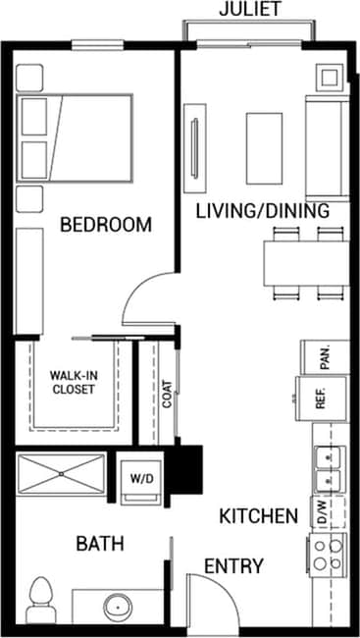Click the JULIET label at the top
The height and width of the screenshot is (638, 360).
click(x=249, y=10)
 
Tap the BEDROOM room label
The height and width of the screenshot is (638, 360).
click(x=106, y=225)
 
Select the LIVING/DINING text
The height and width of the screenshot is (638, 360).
click(x=260, y=210)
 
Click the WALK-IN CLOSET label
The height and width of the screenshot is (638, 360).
click(x=74, y=382)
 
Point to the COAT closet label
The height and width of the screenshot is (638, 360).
click(x=168, y=394)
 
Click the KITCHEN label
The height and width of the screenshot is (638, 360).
click(x=258, y=515)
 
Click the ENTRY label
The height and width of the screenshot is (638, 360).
click(x=233, y=565)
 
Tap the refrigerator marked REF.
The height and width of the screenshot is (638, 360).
click(x=319, y=399)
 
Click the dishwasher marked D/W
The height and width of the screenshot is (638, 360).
click(x=321, y=511)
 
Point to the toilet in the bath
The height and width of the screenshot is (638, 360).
click(x=41, y=596)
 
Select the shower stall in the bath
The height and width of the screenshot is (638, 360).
click(x=62, y=473)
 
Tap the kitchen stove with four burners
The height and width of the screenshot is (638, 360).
click(x=327, y=554)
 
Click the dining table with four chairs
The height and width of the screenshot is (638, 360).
click(x=304, y=261)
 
